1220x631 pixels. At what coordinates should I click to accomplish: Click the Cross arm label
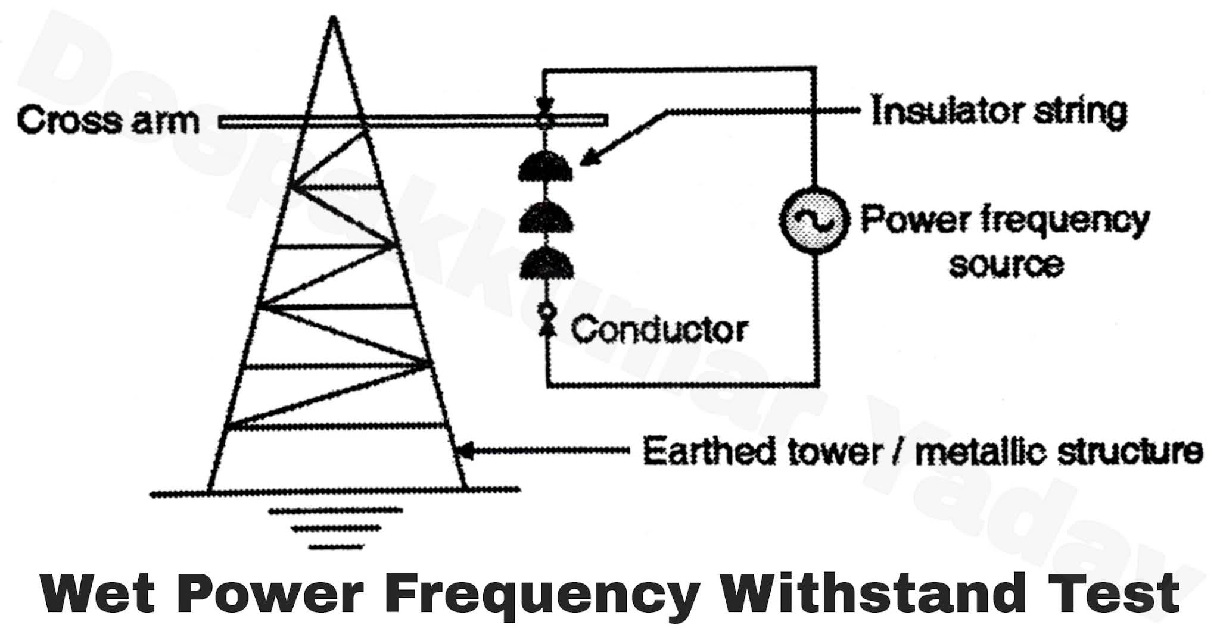[108, 121]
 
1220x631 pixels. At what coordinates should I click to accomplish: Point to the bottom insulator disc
[546, 264]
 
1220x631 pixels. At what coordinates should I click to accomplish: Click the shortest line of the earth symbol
[335, 546]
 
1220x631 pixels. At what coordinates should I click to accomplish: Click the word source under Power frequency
[1006, 265]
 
